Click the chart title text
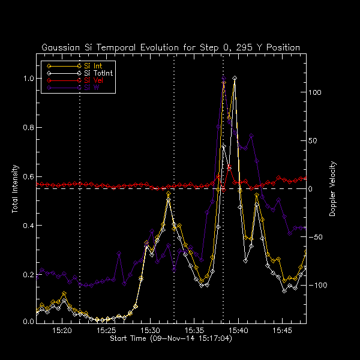click(x=170, y=47)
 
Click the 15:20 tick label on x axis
click(x=62, y=331)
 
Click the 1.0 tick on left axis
click(x=28, y=79)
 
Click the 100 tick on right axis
click(x=316, y=93)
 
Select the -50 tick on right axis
click(x=316, y=238)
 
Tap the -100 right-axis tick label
click(x=318, y=286)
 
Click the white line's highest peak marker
click(x=235, y=78)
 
